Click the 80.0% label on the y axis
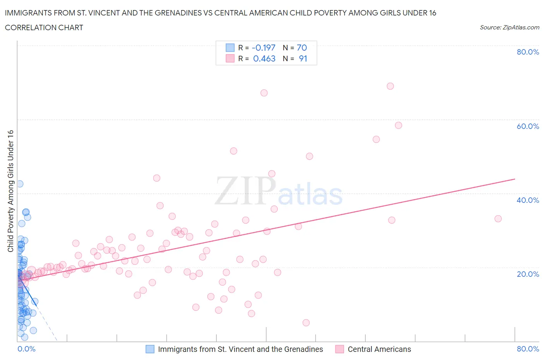[x=528, y=52]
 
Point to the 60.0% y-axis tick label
[x=528, y=126]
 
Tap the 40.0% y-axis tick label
[x=528, y=200]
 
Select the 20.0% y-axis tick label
[x=528, y=274]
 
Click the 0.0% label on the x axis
[x=26, y=349]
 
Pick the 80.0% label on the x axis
[x=528, y=349]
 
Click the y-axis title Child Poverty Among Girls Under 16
[x=10, y=191]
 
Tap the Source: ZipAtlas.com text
[x=509, y=27]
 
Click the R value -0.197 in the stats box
[x=263, y=48]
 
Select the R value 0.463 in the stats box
[x=264, y=58]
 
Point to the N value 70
[x=302, y=48]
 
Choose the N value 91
[x=303, y=58]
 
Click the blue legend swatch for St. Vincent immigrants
[x=150, y=349]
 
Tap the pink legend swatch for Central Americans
[x=339, y=349]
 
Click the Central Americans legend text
[x=379, y=349]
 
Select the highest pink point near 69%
[x=390, y=86]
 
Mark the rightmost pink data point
[x=498, y=219]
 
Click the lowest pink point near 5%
[x=306, y=322]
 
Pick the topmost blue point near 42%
[x=20, y=184]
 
